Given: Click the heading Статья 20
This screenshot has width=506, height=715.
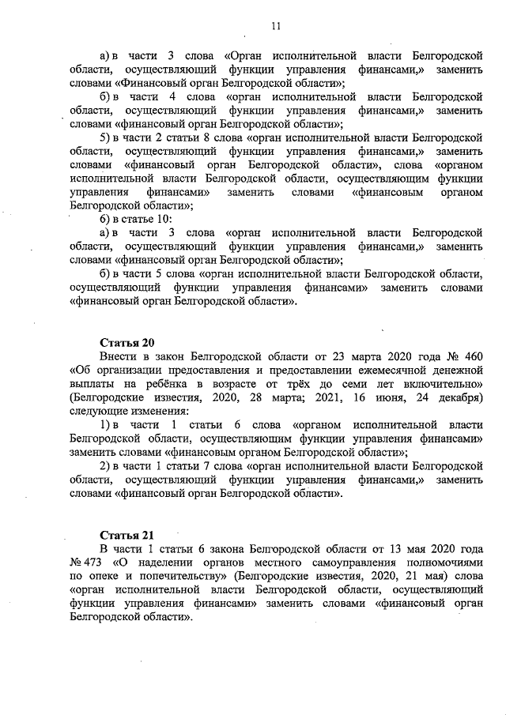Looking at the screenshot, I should pyautogui.click(x=126, y=342).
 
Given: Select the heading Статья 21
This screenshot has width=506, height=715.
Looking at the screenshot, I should pyautogui.click(x=126, y=535).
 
